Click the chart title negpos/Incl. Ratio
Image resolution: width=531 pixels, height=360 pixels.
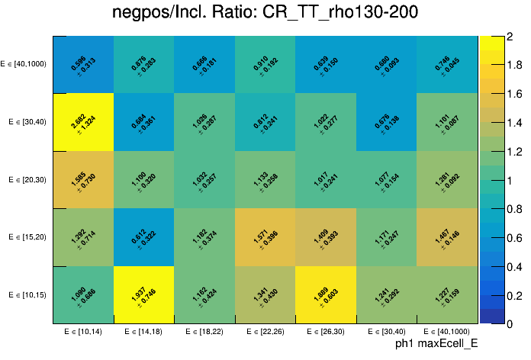265,13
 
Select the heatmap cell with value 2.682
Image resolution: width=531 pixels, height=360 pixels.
83,122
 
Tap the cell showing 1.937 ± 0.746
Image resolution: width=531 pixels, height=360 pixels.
143,295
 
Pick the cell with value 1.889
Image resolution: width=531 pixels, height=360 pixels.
326,295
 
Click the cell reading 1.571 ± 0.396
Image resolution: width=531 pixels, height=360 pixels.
265,237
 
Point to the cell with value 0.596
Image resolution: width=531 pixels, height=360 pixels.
83,65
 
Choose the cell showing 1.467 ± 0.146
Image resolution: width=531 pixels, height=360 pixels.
447,237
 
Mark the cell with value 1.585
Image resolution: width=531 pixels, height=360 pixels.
83,180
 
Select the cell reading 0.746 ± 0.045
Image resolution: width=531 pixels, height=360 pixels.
447,65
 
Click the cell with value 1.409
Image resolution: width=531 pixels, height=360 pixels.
326,237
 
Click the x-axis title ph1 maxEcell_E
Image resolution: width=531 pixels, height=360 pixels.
436,345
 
